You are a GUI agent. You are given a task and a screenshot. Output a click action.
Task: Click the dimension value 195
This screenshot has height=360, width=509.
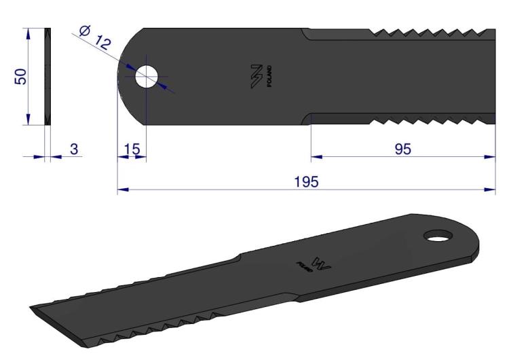point(306,182)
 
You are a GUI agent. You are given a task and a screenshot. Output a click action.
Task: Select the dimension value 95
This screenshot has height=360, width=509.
point(403,149)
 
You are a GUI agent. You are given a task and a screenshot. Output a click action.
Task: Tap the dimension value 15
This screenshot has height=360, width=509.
point(132,149)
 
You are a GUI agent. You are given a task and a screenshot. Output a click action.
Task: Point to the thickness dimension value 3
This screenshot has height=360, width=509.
point(74,149)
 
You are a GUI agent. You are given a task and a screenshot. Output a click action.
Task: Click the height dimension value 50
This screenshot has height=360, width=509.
point(20,77)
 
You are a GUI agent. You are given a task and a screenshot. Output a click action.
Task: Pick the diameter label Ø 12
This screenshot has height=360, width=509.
point(95,37)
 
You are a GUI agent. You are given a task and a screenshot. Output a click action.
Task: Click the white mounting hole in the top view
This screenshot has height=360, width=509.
point(147,77)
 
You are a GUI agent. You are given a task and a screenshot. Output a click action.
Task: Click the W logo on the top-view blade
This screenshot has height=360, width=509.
point(257,76)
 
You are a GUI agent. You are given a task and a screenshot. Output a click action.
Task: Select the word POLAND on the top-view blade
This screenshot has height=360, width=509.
point(269,76)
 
